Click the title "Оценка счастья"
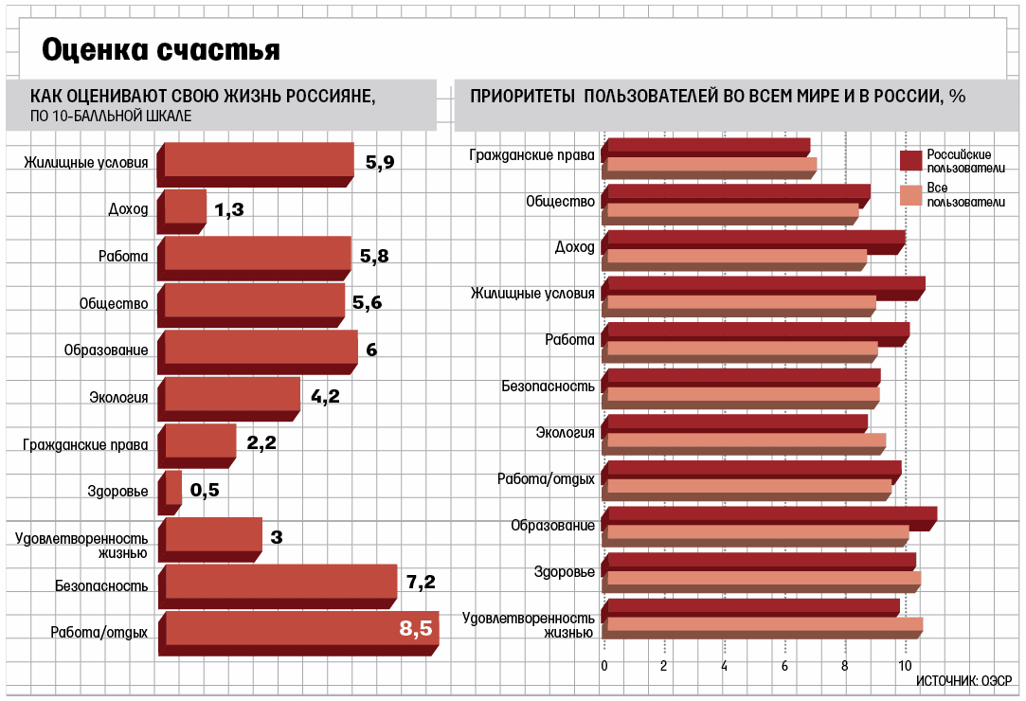point(161,51)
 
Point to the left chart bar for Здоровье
point(173,488)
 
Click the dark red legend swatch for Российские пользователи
point(910,161)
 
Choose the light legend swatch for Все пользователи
point(910,194)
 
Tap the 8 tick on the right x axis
point(845,666)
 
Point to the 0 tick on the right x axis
point(604,666)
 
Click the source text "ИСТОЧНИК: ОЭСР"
point(964,680)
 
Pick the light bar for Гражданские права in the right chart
point(711,165)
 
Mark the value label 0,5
point(205,490)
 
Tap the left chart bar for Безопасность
point(280,581)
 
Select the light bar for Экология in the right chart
point(746,440)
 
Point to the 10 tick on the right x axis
point(905,666)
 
